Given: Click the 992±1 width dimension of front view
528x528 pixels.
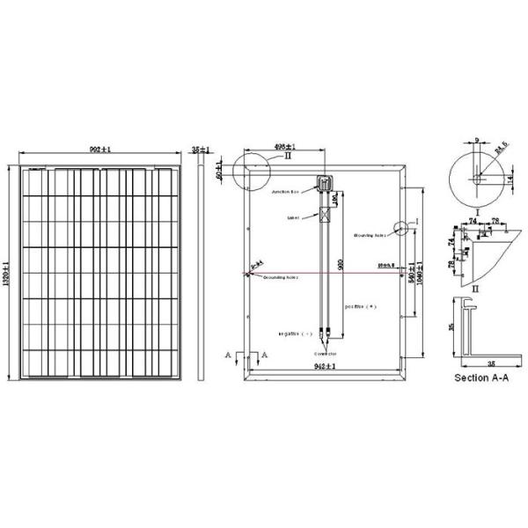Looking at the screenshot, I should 100,150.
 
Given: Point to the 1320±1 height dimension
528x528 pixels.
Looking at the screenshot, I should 7,273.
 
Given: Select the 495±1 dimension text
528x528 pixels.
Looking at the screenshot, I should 282,147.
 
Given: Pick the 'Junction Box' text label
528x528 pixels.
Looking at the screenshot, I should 286,191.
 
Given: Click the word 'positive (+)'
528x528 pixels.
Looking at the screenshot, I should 359,308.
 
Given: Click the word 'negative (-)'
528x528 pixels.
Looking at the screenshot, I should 296,334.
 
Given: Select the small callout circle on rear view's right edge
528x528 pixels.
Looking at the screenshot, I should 402,228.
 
